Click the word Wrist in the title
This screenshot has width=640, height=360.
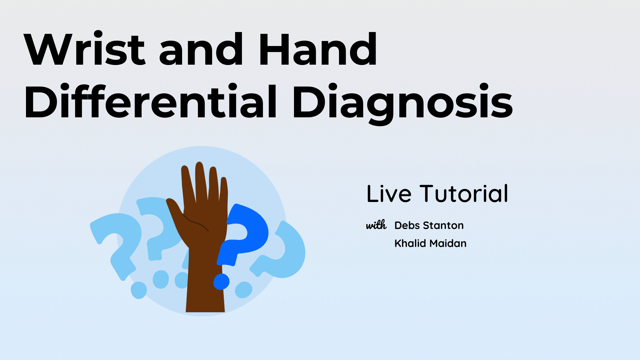click(x=85, y=49)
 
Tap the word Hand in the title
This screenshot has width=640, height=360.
click(x=318, y=49)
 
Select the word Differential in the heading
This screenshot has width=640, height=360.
click(x=150, y=101)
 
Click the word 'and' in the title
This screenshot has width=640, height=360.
click(x=201, y=49)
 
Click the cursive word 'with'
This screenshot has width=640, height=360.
click(x=376, y=225)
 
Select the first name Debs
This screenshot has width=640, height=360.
click(x=407, y=225)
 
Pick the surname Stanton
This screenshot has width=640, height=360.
click(x=443, y=225)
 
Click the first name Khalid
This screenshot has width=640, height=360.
click(x=410, y=243)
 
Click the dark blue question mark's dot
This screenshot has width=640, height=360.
click(x=221, y=282)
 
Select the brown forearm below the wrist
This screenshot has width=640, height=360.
click(x=205, y=283)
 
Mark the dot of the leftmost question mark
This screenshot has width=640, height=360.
click(x=139, y=290)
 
